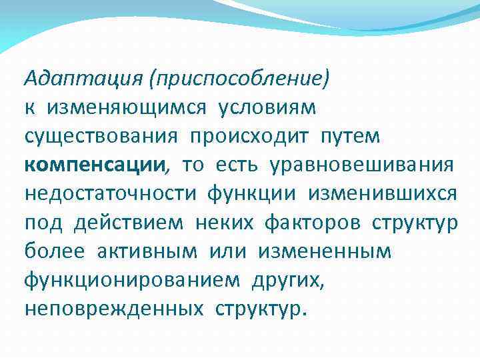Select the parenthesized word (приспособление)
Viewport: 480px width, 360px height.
point(239,79)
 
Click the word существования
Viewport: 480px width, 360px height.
point(101,137)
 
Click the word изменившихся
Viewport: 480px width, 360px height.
point(382,194)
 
